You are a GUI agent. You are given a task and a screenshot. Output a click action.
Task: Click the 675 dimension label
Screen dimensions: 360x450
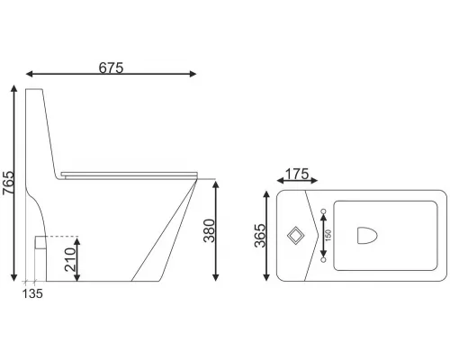click(110, 66)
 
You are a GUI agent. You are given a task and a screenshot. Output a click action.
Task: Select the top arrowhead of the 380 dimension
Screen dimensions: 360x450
click(218, 182)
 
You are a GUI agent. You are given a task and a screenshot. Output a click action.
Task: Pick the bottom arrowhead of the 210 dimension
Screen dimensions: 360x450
click(78, 277)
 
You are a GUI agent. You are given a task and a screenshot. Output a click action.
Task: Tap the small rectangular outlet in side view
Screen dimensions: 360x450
click(40, 242)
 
